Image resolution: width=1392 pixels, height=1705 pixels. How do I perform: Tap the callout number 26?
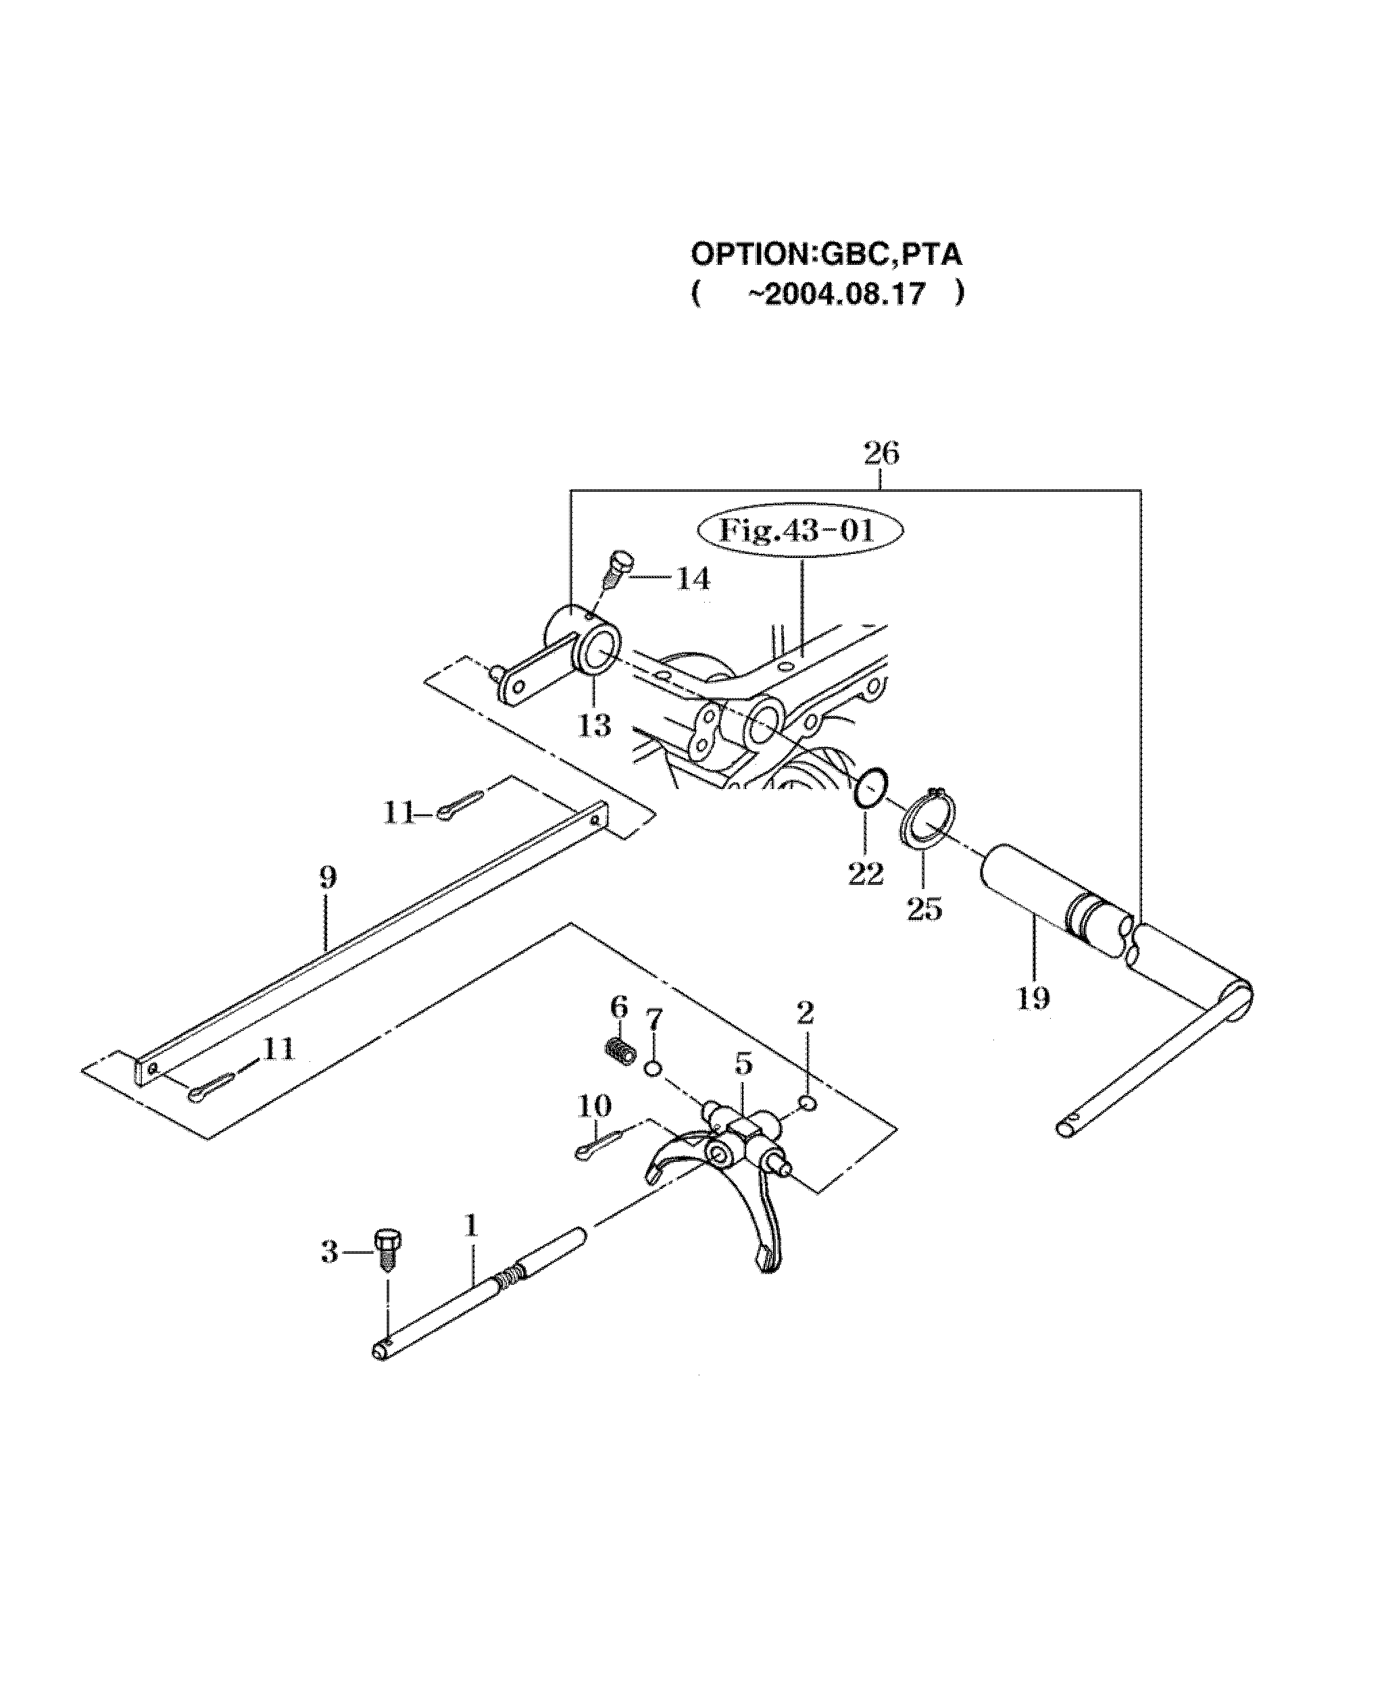(x=881, y=454)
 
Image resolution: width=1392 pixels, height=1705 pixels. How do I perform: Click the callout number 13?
(x=594, y=726)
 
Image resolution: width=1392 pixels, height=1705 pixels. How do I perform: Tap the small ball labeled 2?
(x=808, y=1104)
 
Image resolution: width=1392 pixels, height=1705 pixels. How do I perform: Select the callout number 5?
(x=743, y=1065)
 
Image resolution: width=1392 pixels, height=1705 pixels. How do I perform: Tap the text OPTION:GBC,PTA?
(x=826, y=255)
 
